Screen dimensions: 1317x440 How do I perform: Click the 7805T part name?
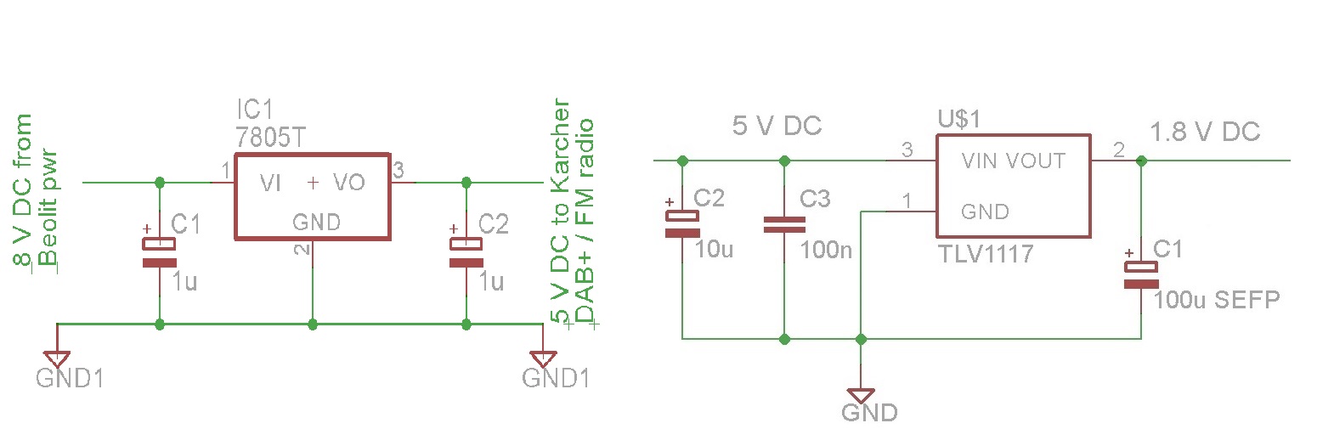[271, 138]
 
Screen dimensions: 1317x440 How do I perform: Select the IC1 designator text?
[255, 110]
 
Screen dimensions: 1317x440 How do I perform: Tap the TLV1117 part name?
[986, 254]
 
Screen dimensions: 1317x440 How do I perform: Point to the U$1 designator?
[959, 119]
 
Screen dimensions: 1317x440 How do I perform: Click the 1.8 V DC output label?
[1205, 133]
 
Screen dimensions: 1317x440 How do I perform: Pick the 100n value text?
[826, 251]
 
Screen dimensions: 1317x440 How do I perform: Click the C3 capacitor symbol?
[784, 224]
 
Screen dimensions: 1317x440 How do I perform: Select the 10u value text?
[715, 249]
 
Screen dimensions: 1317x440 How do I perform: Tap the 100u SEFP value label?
[1217, 300]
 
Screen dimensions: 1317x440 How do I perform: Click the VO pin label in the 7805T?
[349, 183]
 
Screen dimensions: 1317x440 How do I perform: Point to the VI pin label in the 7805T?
[270, 183]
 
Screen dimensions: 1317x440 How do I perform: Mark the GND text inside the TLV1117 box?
[985, 212]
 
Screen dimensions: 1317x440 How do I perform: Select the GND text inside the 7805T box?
[316, 222]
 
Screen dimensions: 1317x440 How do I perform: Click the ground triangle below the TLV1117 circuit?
[861, 395]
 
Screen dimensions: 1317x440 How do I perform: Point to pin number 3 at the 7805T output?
[398, 171]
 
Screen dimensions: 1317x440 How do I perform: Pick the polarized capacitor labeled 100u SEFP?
[1140, 275]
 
